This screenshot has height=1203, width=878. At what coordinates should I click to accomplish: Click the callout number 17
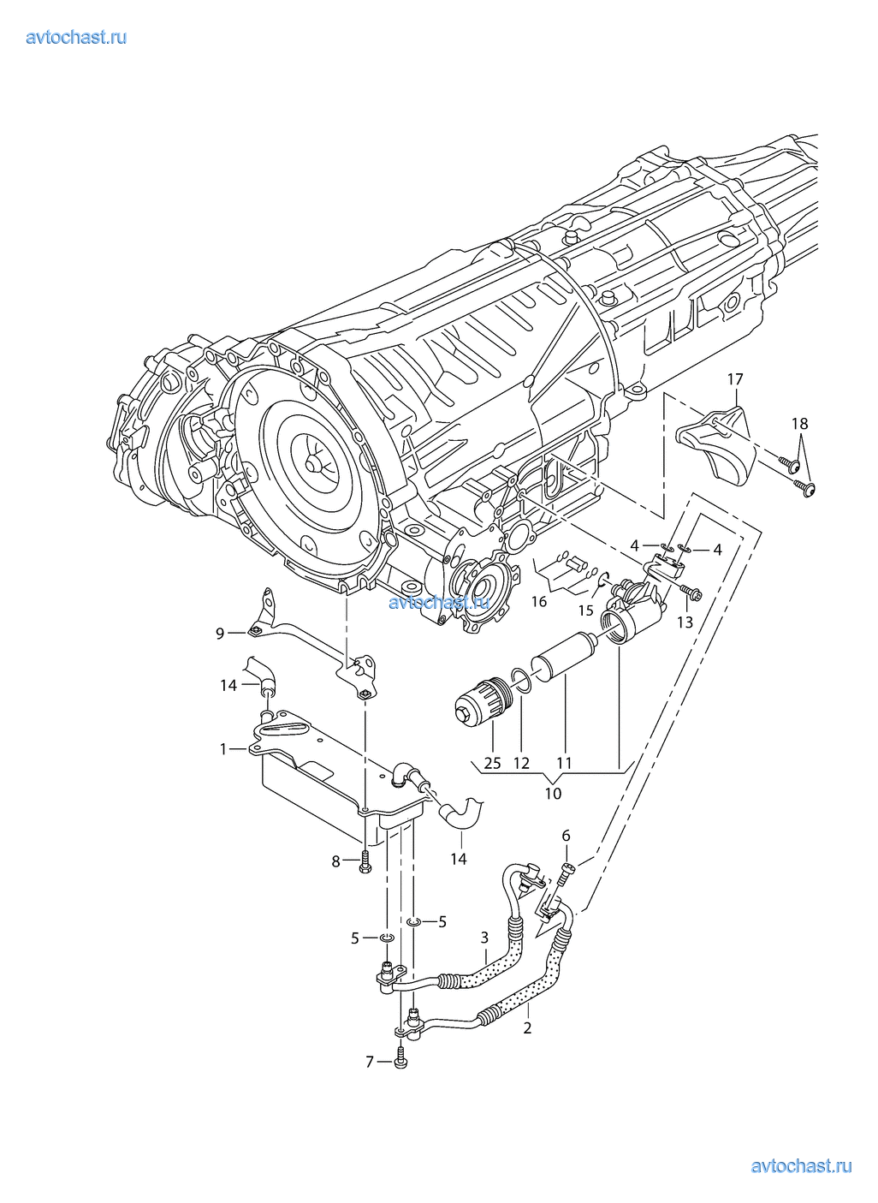(735, 378)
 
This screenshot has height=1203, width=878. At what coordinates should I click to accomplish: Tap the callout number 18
(799, 423)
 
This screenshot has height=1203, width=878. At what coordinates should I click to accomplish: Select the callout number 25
(492, 763)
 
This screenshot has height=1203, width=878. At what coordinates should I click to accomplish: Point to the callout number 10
(553, 794)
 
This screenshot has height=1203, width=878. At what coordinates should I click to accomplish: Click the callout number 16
(538, 602)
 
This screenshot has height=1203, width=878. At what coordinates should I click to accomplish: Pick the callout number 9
(220, 633)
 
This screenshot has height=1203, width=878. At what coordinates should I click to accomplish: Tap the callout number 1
(223, 749)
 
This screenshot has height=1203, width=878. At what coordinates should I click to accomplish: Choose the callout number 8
(336, 861)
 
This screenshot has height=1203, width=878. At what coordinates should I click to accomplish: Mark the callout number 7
(370, 1062)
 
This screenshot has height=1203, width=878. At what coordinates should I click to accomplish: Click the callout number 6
(566, 836)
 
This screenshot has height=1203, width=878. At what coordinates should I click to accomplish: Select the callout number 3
(484, 938)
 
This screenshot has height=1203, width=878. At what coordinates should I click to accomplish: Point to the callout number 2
(527, 1027)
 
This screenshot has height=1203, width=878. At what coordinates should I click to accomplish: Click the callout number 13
(685, 622)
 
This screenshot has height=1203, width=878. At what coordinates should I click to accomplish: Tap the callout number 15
(585, 610)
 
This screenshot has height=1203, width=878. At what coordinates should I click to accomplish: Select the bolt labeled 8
(365, 861)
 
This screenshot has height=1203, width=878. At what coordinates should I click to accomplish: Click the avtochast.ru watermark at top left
(76, 37)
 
